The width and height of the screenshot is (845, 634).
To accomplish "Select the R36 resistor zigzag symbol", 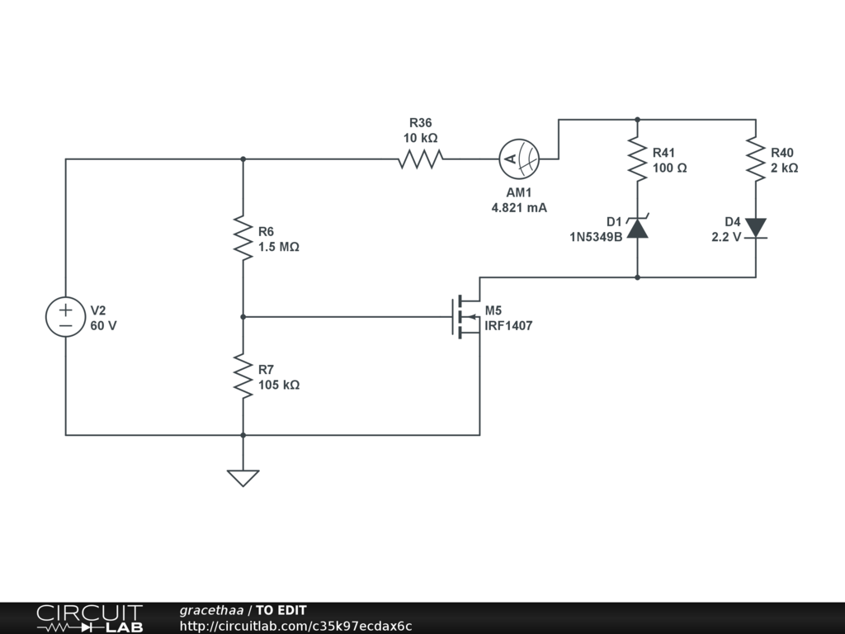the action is [x=421, y=159].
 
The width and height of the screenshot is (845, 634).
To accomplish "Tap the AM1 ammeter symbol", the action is [x=519, y=159].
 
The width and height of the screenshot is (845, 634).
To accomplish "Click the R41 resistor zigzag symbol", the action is [x=638, y=159].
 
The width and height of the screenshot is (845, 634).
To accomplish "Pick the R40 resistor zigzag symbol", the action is [x=756, y=159].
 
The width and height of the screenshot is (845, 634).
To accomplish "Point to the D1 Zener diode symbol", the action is [x=638, y=228].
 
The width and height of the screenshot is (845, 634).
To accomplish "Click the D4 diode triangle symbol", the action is [x=756, y=228].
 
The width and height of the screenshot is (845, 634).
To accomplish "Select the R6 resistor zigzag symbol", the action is [x=243, y=238].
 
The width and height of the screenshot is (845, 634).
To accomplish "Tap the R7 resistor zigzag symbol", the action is [x=243, y=376].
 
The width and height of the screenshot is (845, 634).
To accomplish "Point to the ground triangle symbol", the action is [x=243, y=478].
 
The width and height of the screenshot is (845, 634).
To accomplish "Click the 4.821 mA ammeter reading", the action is [x=519, y=207].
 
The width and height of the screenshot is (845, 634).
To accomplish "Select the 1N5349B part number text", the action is [x=596, y=237].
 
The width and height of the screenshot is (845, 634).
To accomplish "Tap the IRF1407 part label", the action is [x=508, y=325].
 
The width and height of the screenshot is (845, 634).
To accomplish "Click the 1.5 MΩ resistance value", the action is [x=279, y=247].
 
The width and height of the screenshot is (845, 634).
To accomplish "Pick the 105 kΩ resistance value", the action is [x=279, y=385].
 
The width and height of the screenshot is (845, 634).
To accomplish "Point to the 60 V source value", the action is [x=103, y=325].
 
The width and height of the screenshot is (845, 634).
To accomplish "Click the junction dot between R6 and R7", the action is [x=243, y=317].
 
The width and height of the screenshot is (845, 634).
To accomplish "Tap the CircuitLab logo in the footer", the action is [x=89, y=618].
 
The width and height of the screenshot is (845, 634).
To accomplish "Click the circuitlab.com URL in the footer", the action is [x=296, y=626].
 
